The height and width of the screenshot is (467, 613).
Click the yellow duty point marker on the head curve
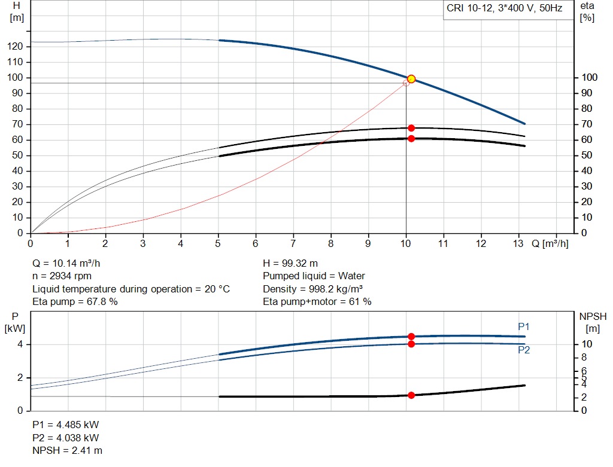pyautogui.click(x=411, y=79)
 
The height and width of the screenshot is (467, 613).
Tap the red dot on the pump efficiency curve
pyautogui.click(x=411, y=128)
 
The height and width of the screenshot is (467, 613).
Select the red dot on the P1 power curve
pyautogui.click(x=411, y=337)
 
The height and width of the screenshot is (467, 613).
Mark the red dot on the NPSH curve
pyautogui.click(x=411, y=395)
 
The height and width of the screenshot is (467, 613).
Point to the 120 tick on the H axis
pyautogui.click(x=16, y=47)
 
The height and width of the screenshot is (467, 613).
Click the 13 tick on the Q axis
pyautogui.click(x=519, y=244)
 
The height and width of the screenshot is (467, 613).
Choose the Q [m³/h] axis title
pyautogui.click(x=550, y=244)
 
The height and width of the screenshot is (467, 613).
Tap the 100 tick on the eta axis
pyautogui.click(x=589, y=78)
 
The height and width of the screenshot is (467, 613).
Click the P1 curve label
pyautogui.click(x=524, y=326)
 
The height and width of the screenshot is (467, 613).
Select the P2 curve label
pyautogui.click(x=524, y=350)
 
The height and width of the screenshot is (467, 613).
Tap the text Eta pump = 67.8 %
pyautogui.click(x=75, y=302)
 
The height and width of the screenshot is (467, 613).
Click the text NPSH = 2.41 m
pyautogui.click(x=67, y=450)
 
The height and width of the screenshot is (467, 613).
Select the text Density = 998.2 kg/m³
pyautogui.click(x=316, y=289)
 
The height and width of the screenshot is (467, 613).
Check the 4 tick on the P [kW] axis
pyautogui.click(x=20, y=344)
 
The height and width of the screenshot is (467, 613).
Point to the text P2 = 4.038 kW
pyautogui.click(x=65, y=438)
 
